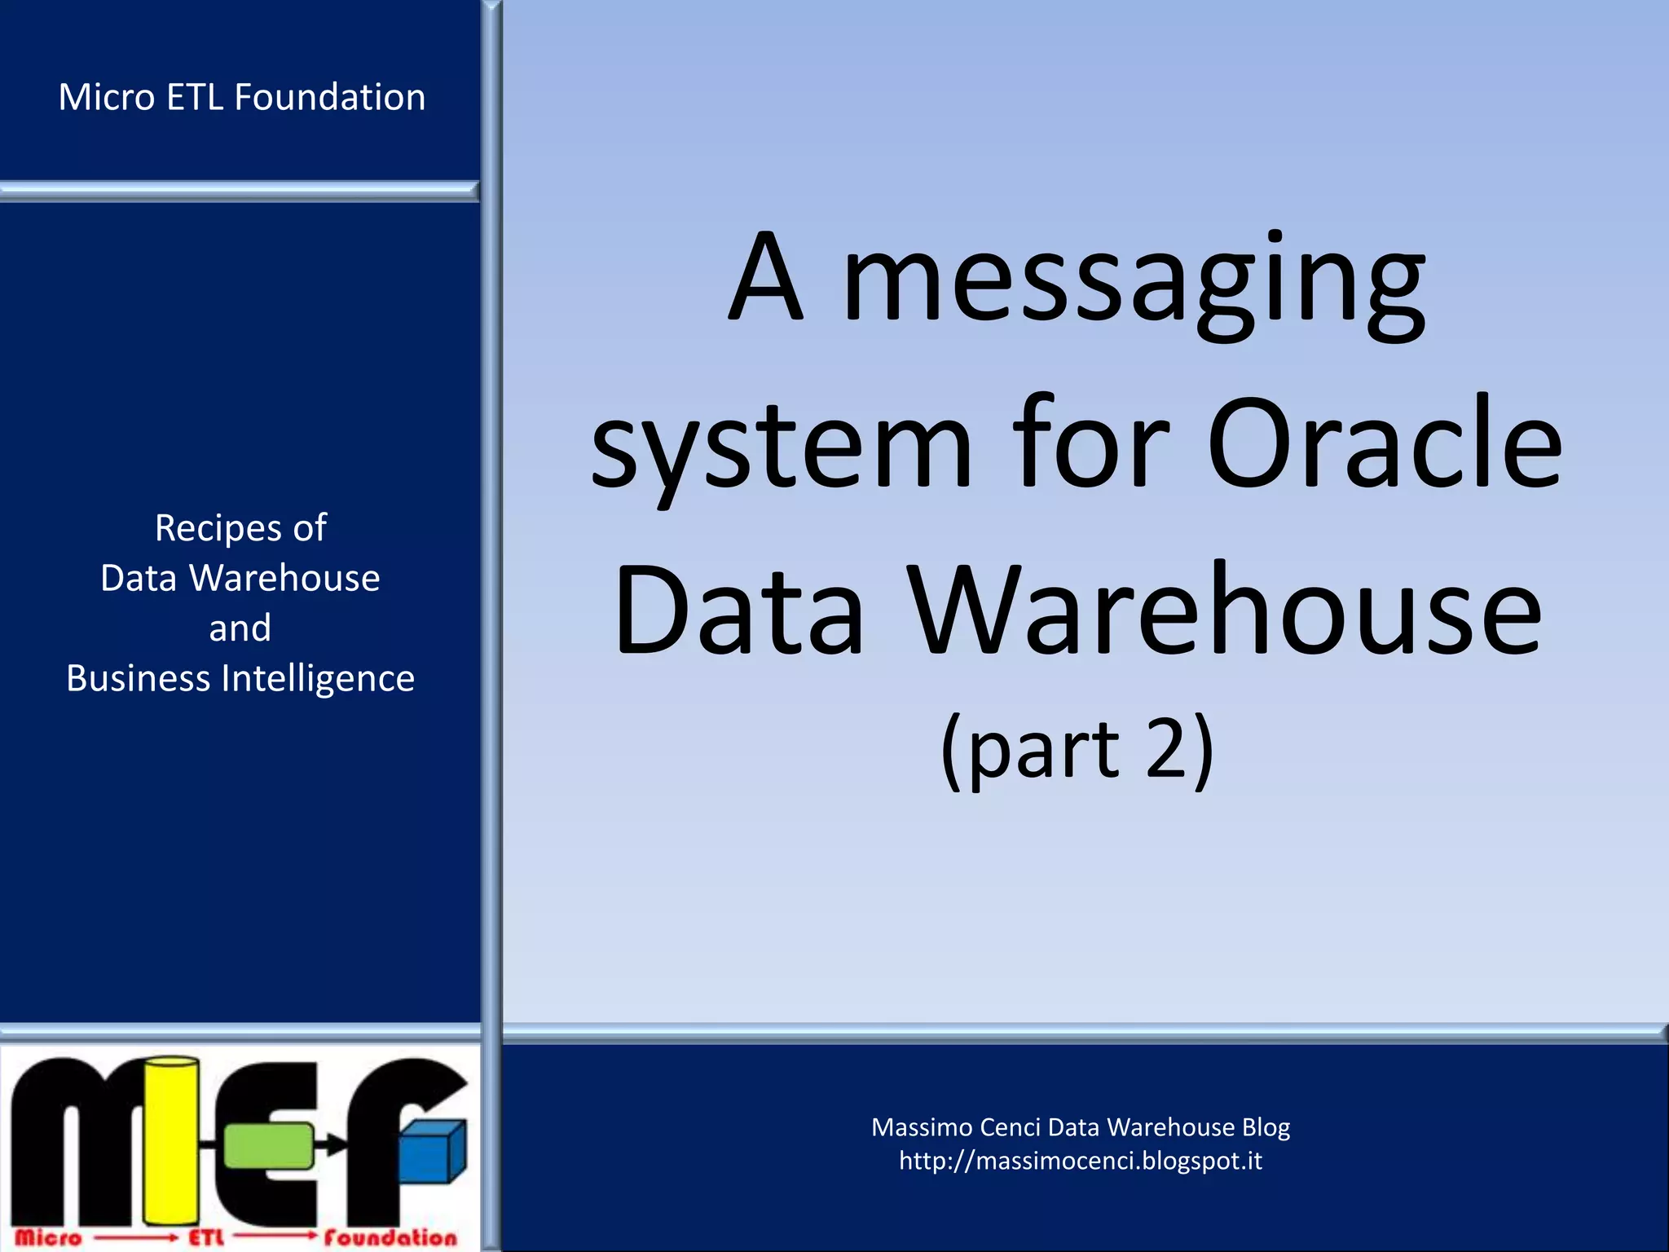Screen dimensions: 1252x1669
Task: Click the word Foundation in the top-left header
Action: (x=330, y=97)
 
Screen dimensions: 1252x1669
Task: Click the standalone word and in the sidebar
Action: (x=240, y=628)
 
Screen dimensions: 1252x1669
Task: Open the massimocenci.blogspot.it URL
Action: (x=1080, y=1160)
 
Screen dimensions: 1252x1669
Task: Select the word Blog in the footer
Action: (x=1266, y=1127)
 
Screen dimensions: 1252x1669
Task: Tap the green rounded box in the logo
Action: (x=268, y=1145)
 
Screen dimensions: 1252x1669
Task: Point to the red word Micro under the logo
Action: (x=48, y=1237)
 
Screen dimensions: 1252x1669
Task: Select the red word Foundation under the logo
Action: (x=390, y=1237)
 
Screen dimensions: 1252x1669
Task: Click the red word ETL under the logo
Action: (x=206, y=1237)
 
